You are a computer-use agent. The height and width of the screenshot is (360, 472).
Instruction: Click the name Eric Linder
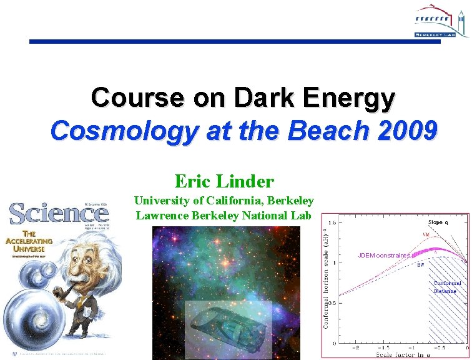pyautogui.click(x=224, y=182)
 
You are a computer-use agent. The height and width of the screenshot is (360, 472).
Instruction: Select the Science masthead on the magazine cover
pyautogui.click(x=59, y=214)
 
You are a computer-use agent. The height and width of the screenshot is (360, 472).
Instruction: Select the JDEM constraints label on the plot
pyautogui.click(x=383, y=256)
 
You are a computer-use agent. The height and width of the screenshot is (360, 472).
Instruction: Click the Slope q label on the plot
pyautogui.click(x=441, y=222)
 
